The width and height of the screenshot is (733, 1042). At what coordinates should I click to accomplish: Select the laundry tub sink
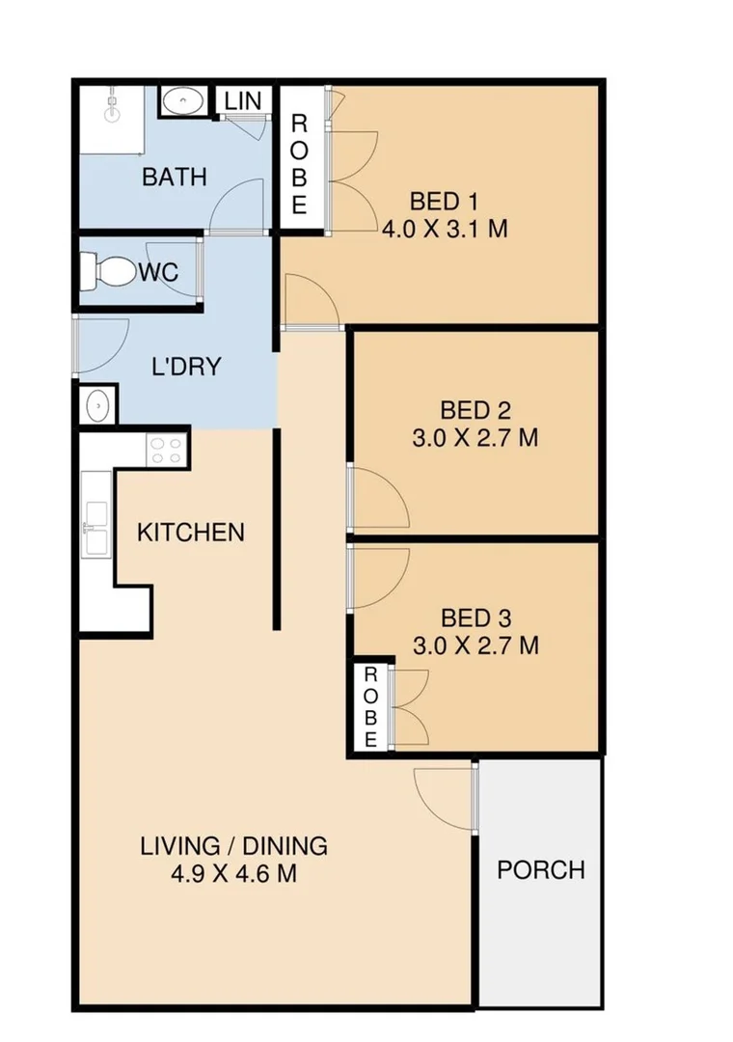pos(97,406)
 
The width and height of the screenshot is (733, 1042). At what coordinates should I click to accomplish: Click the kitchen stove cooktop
pos(166,448)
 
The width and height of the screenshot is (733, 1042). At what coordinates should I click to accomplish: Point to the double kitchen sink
pos(96,527)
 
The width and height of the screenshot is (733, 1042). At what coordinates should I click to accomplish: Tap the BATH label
pos(175,178)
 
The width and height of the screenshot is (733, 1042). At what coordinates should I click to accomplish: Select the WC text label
pos(158,273)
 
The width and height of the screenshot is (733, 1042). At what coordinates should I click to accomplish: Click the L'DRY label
pos(187,368)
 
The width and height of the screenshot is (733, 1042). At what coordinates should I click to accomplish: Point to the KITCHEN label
pos(191,533)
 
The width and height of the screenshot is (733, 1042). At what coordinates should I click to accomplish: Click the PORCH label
pos(541,869)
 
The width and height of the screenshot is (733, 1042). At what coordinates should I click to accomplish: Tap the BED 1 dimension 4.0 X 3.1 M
pos(445,230)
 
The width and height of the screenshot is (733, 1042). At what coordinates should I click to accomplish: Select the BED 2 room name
pos(475,409)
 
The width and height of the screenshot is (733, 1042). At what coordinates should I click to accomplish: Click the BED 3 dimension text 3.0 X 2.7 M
pos(475,645)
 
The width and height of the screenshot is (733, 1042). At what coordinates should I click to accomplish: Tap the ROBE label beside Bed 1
pos(299,164)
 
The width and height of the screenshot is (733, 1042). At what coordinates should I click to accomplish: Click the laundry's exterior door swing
pos(101,345)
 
